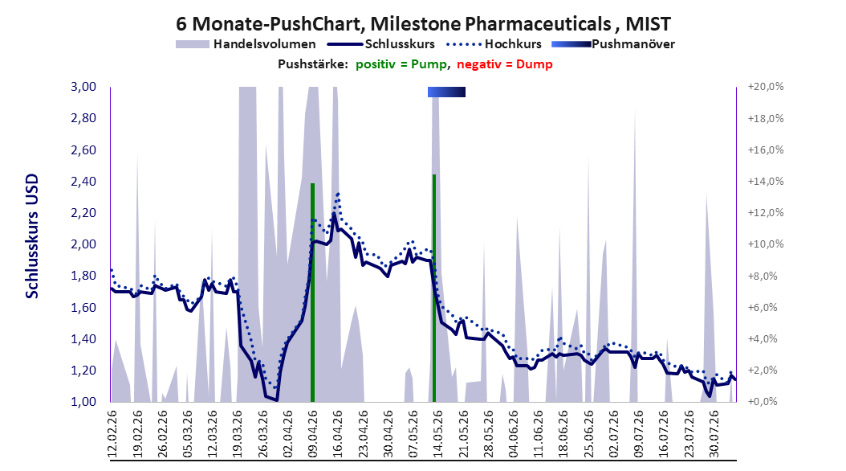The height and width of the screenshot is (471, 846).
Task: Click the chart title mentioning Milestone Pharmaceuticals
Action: pos(424,24)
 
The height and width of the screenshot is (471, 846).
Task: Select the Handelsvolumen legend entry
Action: pos(246,44)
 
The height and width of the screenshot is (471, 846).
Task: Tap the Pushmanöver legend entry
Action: pos(613,44)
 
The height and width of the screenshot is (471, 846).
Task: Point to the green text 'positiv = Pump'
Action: pos(401,64)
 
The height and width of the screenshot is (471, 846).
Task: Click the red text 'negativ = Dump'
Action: pos(505,64)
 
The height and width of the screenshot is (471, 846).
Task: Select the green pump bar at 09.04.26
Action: pos(312,293)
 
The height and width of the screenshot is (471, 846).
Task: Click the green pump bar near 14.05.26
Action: pos(434,288)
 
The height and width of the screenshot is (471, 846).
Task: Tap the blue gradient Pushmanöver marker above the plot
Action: pos(446,92)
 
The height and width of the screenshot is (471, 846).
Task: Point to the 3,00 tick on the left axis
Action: pos(83,87)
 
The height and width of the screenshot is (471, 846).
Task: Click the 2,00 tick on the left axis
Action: pos(83,244)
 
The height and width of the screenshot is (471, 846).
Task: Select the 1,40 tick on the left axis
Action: pos(83,338)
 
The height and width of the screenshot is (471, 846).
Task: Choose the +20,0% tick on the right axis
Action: pos(766,87)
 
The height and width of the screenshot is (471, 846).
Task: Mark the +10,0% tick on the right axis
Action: pos(766,244)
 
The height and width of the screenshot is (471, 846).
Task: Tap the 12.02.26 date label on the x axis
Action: pos(112,434)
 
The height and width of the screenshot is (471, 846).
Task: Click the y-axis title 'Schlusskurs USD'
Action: pos(32,235)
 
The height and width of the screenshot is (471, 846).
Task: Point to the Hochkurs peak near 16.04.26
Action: pos(338,194)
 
